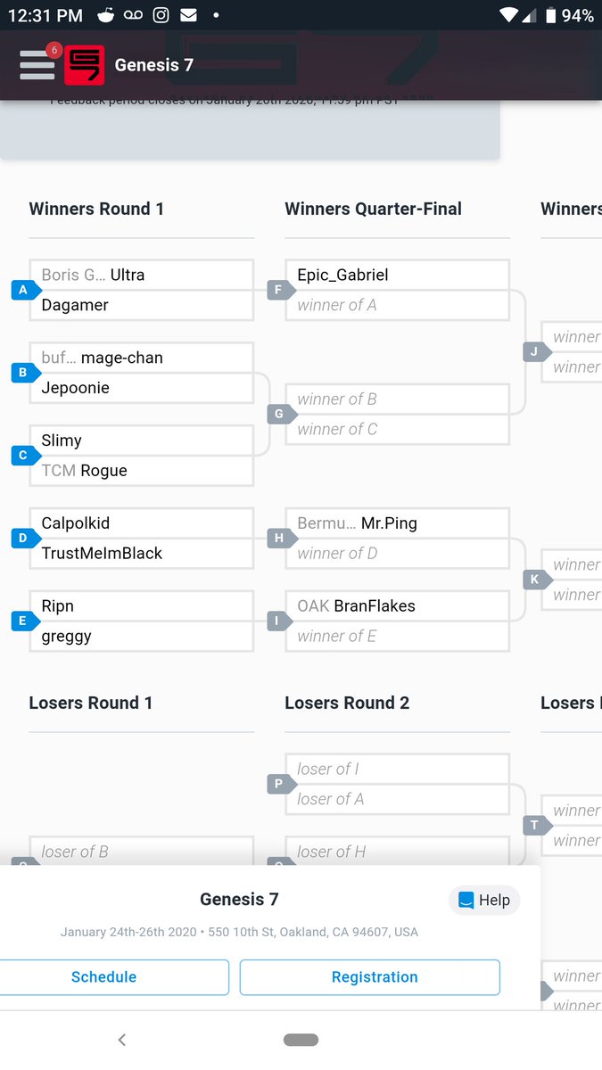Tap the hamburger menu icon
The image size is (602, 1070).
click(x=37, y=65)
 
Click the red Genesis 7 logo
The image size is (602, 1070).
click(x=84, y=65)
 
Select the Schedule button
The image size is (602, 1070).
click(x=104, y=976)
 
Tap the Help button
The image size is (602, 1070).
click(x=484, y=900)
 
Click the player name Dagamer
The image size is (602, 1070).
click(x=75, y=305)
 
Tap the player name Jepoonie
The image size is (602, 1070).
click(x=75, y=388)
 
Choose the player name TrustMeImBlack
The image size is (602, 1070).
click(x=102, y=553)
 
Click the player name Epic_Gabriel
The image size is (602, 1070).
click(x=342, y=275)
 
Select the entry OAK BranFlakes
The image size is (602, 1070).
click(x=356, y=605)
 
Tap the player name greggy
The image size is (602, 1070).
click(x=67, y=636)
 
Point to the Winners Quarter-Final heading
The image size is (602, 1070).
click(x=373, y=209)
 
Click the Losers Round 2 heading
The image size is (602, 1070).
click(x=347, y=703)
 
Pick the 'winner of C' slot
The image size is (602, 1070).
click(x=337, y=429)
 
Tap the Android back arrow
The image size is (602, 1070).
click(x=122, y=1040)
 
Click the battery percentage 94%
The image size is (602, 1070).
click(x=577, y=15)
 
